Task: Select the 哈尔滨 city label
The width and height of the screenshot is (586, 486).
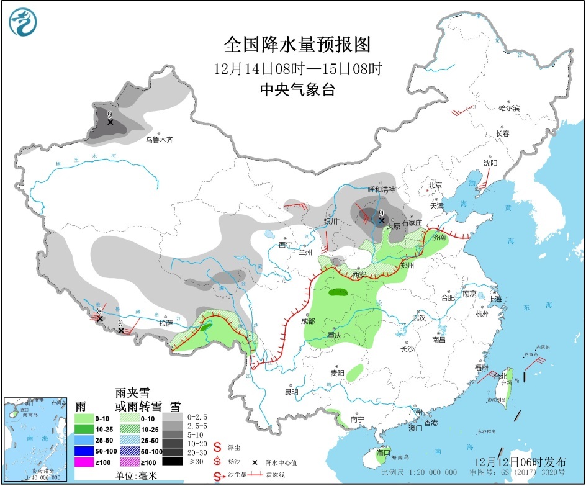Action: point(508,108)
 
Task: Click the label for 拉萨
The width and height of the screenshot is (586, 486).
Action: point(165,323)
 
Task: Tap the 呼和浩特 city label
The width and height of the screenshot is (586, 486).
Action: point(381,189)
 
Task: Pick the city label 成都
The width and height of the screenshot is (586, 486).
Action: point(307,321)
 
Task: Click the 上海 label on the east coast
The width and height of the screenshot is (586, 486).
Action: point(495,299)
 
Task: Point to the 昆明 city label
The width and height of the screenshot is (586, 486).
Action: point(291,392)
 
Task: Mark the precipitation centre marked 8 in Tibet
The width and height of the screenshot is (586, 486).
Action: point(99,318)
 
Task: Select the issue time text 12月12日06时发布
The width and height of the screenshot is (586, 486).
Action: point(520,462)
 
